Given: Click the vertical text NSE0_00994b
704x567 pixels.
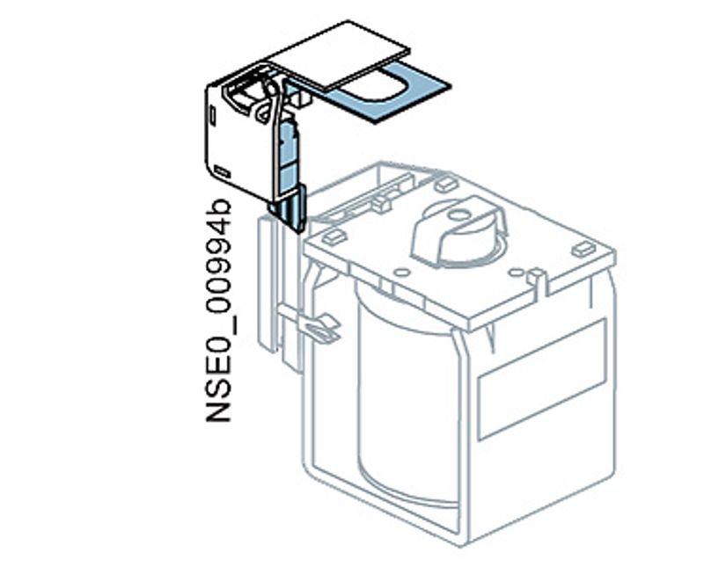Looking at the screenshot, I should [x=219, y=311].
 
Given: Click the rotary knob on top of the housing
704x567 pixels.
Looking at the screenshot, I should [x=458, y=230].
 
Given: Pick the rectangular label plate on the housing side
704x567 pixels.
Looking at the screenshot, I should [x=540, y=378].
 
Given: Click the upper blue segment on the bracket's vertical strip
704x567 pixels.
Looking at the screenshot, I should [x=287, y=141].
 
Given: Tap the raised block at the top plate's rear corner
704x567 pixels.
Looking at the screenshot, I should [x=445, y=185].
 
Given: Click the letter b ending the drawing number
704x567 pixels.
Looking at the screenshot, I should [x=219, y=212].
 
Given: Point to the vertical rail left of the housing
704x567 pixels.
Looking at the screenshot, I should [x=268, y=281].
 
